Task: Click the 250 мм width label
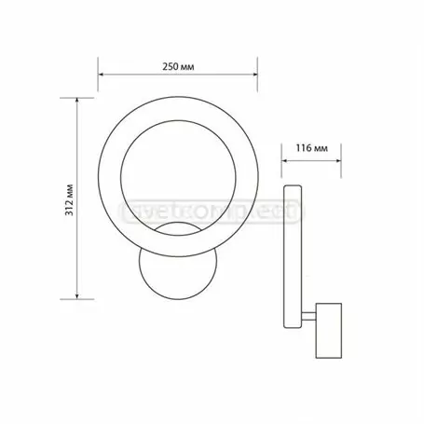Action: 178,66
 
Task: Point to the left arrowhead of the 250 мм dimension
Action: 103,77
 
